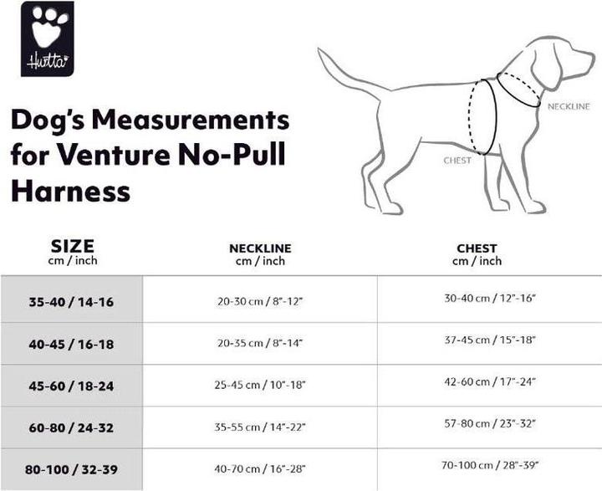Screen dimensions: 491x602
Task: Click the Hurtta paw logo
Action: click(x=47, y=38)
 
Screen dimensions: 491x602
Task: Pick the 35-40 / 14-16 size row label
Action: click(x=71, y=301)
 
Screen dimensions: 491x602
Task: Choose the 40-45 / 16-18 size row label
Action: click(x=71, y=343)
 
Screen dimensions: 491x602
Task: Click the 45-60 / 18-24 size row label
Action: click(x=71, y=385)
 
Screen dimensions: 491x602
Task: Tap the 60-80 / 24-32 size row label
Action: click(x=71, y=427)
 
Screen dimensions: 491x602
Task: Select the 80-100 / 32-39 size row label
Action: click(x=71, y=468)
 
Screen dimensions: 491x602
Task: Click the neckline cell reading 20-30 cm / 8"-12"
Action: click(x=260, y=302)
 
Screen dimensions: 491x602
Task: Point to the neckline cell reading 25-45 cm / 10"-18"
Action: click(x=260, y=386)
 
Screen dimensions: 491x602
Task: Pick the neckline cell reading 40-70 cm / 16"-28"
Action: click(x=260, y=469)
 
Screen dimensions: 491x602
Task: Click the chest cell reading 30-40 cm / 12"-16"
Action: click(x=488, y=299)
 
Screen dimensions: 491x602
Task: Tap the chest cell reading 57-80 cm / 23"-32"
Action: click(x=488, y=424)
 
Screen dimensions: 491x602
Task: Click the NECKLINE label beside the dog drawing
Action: click(x=569, y=106)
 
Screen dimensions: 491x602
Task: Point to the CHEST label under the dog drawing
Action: click(x=457, y=161)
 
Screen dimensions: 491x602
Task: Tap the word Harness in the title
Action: click(x=70, y=192)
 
